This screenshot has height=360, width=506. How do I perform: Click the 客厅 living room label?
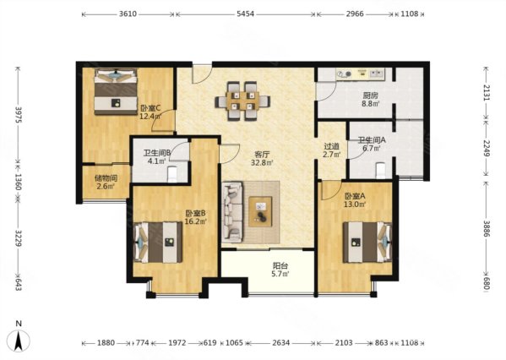[x=262, y=155]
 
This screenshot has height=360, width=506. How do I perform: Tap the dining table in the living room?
[x=242, y=101]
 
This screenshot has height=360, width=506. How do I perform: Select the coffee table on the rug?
[x=260, y=212]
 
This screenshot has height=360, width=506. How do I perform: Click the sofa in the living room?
[x=232, y=212]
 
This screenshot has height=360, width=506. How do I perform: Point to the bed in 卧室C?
[x=116, y=92]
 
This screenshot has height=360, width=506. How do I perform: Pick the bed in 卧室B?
[x=158, y=243]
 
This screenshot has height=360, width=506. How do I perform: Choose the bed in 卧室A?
[x=367, y=243]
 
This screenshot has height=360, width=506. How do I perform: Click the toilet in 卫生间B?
[x=172, y=174]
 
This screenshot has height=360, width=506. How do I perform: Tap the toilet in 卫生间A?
[x=381, y=171]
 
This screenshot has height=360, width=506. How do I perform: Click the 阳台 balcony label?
[x=280, y=265]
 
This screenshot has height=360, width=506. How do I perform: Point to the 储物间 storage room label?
[x=106, y=178]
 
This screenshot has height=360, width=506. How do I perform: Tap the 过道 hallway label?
[x=332, y=146]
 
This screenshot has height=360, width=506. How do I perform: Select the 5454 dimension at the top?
[x=245, y=14]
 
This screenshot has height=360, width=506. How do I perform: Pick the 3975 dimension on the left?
[x=18, y=115]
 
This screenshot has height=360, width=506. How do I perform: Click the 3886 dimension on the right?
[x=487, y=229]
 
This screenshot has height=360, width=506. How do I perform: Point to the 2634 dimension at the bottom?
[x=280, y=342]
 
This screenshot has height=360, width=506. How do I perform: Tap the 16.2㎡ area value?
[x=196, y=221]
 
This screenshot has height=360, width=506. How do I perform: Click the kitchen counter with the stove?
[x=360, y=74]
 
